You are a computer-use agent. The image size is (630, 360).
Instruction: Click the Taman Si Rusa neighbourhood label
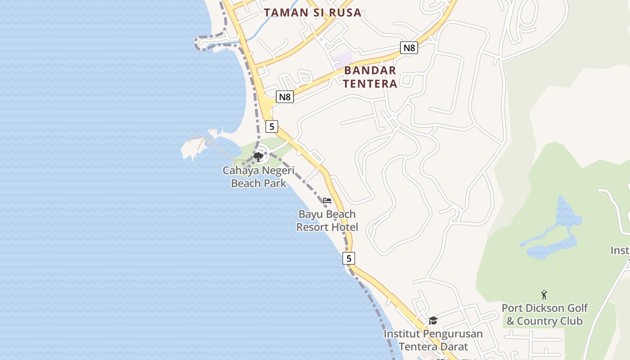pyautogui.click(x=313, y=13)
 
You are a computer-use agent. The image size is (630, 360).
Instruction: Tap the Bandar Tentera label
pyautogui.click(x=370, y=77)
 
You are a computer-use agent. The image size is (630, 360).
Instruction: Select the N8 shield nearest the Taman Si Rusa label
pyautogui.click(x=409, y=48)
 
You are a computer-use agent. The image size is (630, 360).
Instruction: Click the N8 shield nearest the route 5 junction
pyautogui.click(x=285, y=97)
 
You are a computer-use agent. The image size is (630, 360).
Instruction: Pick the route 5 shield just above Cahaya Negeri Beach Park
pyautogui.click(x=271, y=126)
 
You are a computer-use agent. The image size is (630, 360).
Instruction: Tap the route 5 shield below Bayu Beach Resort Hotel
pyautogui.click(x=348, y=258)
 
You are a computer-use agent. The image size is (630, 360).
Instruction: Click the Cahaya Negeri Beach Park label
pyautogui.click(x=259, y=177)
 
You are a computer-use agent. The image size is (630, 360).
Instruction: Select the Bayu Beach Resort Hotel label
pyautogui.click(x=327, y=220)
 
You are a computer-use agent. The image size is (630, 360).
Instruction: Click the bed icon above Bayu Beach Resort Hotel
pyautogui.click(x=327, y=200)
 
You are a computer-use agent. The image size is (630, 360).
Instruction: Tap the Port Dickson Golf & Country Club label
pyautogui.click(x=544, y=315)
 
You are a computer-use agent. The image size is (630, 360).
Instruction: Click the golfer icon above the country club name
pyautogui.click(x=544, y=295)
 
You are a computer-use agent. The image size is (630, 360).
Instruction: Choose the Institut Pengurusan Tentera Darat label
pyautogui.click(x=433, y=340)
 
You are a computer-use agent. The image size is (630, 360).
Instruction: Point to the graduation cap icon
pyautogui.click(x=433, y=320)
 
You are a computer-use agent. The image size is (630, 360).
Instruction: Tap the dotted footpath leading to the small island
pyautogui.click(x=220, y=148)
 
